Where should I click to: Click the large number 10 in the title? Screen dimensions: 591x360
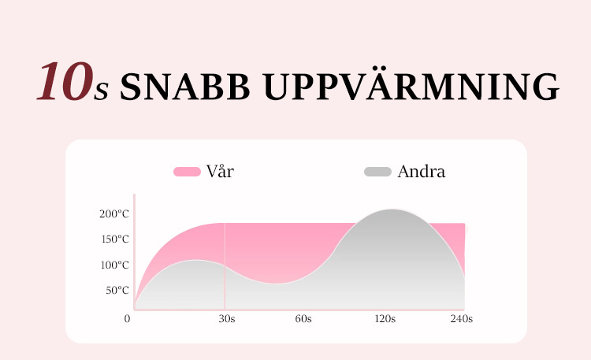point(65,81)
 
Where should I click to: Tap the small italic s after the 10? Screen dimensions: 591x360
point(101,91)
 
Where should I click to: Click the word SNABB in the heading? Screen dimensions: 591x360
point(185,87)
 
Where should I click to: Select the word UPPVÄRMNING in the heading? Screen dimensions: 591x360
point(411,84)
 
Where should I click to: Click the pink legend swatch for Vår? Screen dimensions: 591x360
point(187,172)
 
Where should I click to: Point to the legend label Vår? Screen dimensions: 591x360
point(220,171)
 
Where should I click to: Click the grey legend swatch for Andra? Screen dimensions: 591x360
point(377,172)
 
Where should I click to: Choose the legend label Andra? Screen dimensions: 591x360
point(422,172)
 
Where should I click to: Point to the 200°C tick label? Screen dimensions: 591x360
point(114,213)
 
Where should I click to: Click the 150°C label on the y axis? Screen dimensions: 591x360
point(115,239)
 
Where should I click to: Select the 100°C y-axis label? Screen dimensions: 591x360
point(114,265)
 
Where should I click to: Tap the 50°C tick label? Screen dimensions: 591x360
point(117,290)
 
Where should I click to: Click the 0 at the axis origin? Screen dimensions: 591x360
point(127,318)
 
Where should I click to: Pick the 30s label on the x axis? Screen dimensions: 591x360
point(227,319)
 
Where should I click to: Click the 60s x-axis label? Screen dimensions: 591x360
point(303,319)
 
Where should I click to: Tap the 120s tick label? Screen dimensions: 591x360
point(385,319)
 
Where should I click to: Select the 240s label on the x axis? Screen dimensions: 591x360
point(462,319)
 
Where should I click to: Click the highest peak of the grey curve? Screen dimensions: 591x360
point(392,210)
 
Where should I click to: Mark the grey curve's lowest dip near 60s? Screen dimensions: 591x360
point(277,284)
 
